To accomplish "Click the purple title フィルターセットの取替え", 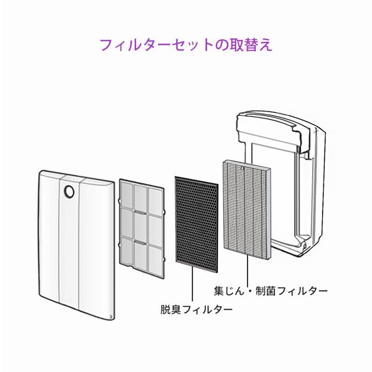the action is (186, 45).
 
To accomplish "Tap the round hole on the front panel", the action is (69, 191).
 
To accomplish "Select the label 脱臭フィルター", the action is (196, 309).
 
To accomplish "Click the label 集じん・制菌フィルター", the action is (271, 291).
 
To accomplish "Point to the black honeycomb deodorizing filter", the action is (196, 224).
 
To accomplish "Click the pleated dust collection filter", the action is (246, 209).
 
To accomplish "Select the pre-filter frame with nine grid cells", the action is (142, 228).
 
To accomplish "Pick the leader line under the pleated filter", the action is (248, 270).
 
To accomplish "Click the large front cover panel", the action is (76, 244).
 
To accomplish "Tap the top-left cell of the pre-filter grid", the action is (127, 195).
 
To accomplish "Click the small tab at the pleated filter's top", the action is (242, 168).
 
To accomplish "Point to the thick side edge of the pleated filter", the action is (269, 213).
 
